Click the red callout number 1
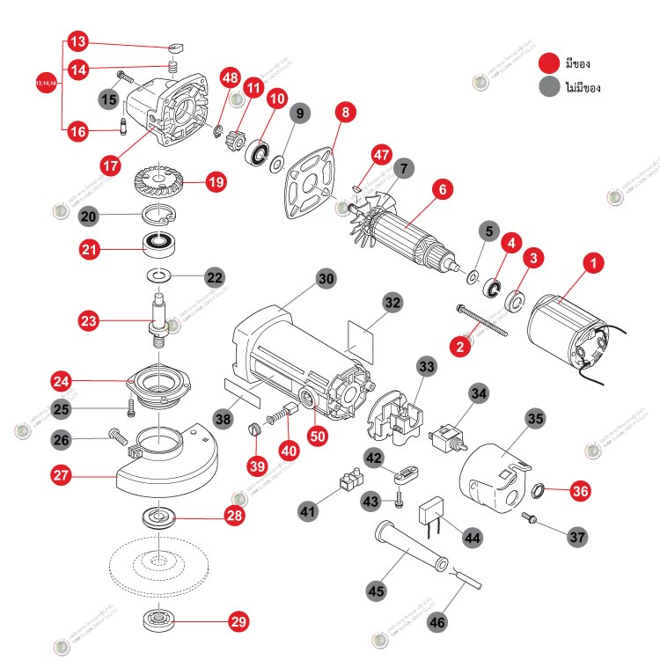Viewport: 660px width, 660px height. click(x=595, y=262)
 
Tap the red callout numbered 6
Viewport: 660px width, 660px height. click(x=443, y=188)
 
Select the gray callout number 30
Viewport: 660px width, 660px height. click(x=326, y=278)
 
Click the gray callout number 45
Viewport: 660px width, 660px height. click(x=377, y=591)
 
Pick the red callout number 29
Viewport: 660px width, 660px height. click(x=238, y=621)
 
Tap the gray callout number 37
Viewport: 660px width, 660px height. click(x=577, y=535)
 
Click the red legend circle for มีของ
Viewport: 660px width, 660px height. click(x=551, y=62)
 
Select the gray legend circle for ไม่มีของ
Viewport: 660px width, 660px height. click(x=551, y=88)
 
